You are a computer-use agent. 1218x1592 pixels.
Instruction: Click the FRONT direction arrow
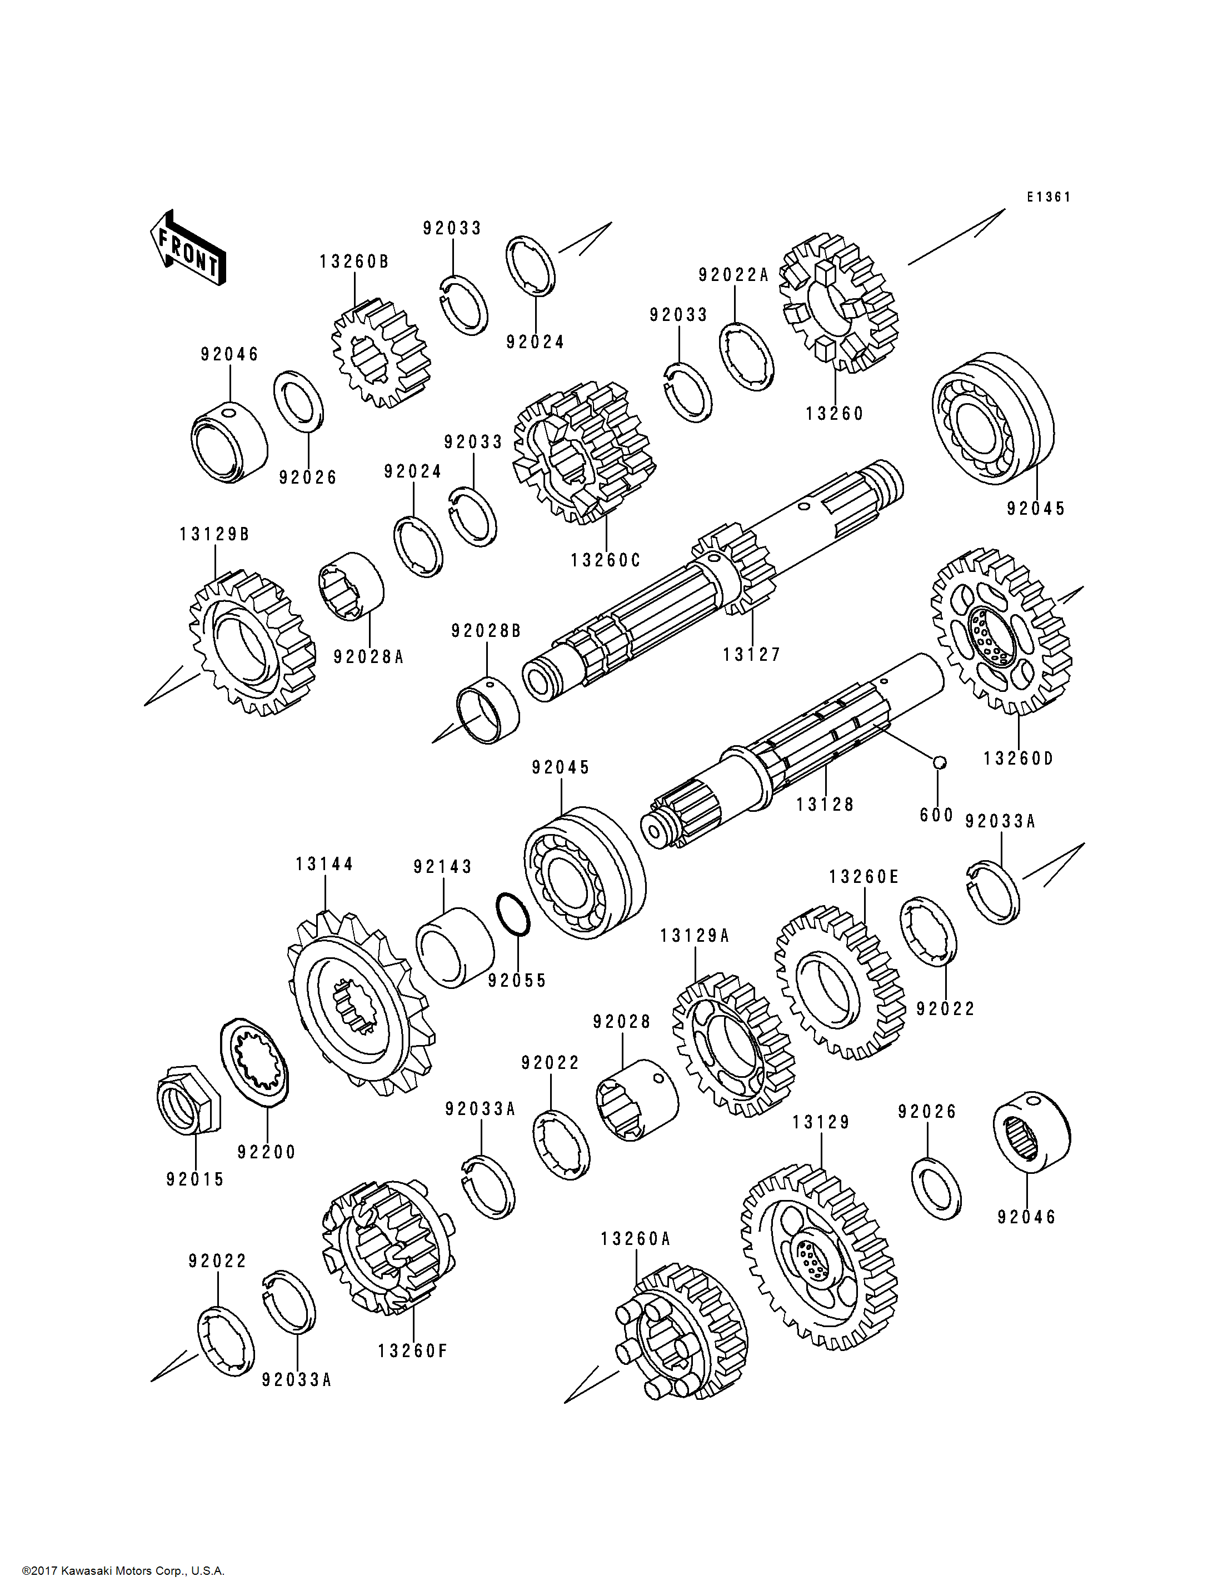point(188,248)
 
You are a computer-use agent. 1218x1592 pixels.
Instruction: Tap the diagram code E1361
point(1049,197)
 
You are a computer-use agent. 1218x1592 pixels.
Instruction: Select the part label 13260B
point(354,262)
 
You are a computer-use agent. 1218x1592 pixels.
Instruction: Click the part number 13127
point(752,654)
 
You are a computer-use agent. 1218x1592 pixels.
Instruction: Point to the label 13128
point(825,805)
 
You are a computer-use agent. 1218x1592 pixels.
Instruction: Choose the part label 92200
point(267,1152)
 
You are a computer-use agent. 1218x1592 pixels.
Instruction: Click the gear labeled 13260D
point(1001,631)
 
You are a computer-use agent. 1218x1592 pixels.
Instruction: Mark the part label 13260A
point(636,1239)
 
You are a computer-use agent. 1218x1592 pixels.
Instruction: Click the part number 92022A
point(733,275)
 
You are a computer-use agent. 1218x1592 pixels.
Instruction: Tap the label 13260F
point(412,1350)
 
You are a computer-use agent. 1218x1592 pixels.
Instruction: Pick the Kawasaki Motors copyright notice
point(123,1571)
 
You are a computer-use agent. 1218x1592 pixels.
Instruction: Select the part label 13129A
point(695,936)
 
